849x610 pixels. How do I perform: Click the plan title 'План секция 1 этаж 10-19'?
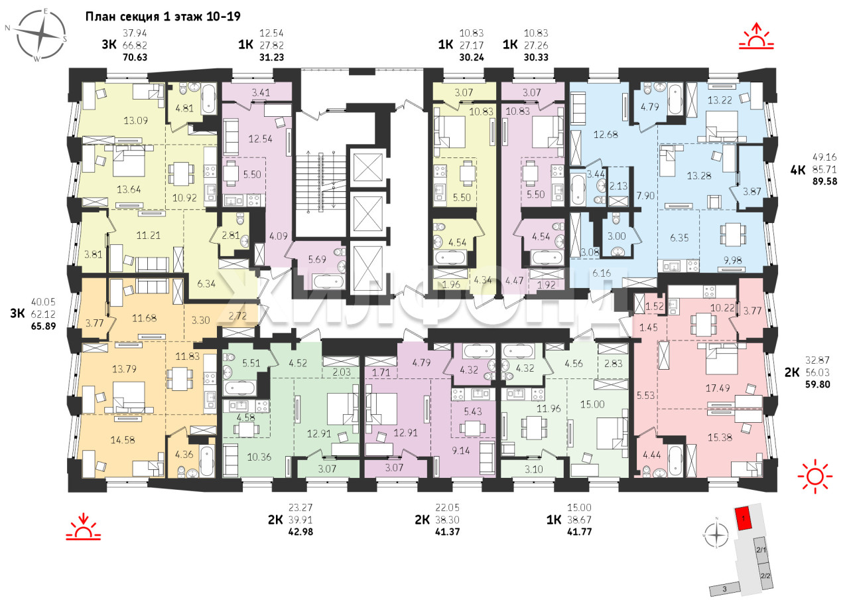pos(163,17)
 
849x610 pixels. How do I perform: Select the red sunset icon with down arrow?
pos(84,526)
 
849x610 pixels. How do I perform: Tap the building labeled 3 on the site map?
pos(724,589)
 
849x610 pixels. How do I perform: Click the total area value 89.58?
pos(824,181)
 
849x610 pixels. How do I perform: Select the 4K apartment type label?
pos(798,169)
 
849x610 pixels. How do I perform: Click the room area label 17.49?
pos(718,388)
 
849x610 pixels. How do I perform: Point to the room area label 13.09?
pos(135,121)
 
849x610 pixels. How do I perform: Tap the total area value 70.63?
pos(135,57)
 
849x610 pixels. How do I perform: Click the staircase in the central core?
pos(321,180)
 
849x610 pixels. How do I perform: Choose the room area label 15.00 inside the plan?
pos(592,404)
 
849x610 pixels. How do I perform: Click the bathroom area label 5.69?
pos(317,260)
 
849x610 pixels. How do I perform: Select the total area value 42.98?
pos(300,532)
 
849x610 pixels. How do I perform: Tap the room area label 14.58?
pos(123,440)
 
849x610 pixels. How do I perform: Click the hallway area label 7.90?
pos(645,195)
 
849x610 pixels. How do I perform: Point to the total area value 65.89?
pos(43,327)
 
